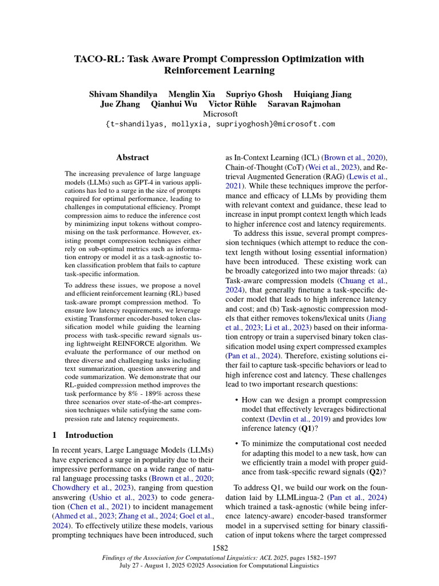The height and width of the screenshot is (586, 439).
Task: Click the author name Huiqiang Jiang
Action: pyautogui.click(x=322, y=94)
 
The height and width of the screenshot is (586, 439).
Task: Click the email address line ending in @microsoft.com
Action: pyautogui.click(x=220, y=124)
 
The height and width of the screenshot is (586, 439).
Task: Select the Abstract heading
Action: pyautogui.click(x=133, y=157)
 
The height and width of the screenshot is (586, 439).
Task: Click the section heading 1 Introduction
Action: pyautogui.click(x=90, y=435)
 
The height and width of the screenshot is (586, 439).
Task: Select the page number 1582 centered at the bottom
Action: pyautogui.click(x=220, y=548)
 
